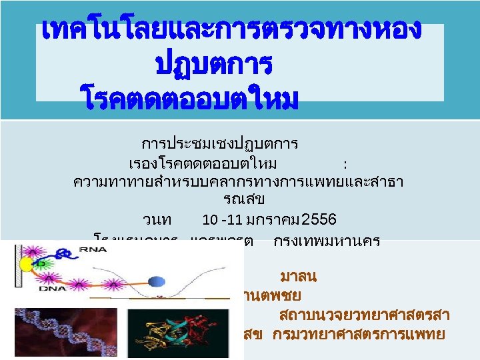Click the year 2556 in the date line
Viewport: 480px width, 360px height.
coord(319,219)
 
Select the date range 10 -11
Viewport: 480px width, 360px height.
coord(222,219)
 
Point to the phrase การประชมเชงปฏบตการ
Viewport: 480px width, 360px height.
coord(219,143)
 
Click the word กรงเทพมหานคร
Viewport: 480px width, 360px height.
coord(327,242)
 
